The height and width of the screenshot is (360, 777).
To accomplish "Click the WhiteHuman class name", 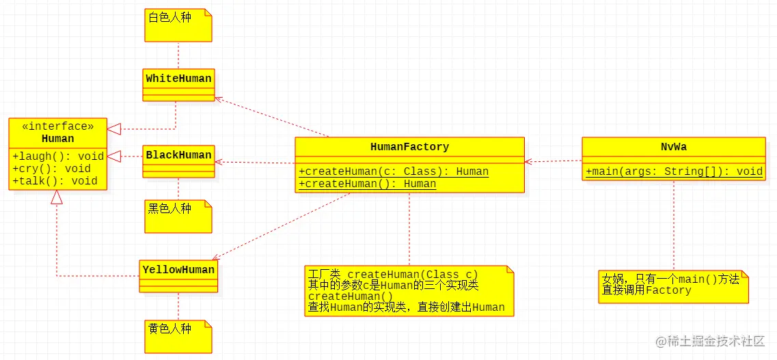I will (x=178, y=79).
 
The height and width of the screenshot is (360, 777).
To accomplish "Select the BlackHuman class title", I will (x=178, y=155).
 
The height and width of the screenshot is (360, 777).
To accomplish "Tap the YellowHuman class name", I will (x=178, y=270).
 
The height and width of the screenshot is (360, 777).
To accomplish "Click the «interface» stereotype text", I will (x=58, y=126).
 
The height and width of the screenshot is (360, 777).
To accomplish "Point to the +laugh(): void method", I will (x=58, y=156).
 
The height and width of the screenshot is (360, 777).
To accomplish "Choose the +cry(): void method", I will (x=51, y=169).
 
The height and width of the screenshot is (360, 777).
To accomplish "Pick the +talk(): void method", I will (x=55, y=181).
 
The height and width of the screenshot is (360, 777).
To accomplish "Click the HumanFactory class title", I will (x=409, y=147).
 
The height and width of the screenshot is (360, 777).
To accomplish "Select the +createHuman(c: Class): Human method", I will (x=394, y=171).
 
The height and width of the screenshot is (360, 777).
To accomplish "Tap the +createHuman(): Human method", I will (x=367, y=184).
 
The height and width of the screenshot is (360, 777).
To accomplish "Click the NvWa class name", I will (x=673, y=147).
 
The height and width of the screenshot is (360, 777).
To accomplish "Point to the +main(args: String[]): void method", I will (x=674, y=171).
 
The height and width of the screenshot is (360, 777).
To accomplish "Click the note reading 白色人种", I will (x=170, y=18).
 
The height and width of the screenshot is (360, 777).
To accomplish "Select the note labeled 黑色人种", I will (x=170, y=209).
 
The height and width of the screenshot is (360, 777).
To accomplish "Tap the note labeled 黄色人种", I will (x=170, y=329).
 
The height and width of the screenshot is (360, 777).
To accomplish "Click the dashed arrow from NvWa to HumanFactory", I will (x=554, y=162).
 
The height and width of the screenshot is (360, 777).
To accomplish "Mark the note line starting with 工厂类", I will (x=393, y=275).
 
